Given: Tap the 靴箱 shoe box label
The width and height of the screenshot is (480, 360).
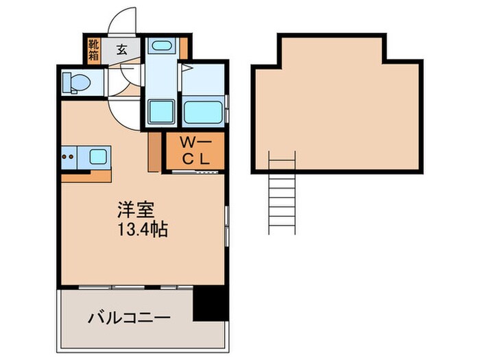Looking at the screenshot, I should coord(93,50).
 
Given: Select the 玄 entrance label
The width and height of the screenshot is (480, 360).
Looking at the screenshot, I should coord(121,49).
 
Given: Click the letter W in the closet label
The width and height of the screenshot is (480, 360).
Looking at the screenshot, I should coord(186,143).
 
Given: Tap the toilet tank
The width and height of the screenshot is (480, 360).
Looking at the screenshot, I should coord(65,84).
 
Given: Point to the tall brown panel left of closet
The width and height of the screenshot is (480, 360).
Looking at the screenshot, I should coord(154,151).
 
